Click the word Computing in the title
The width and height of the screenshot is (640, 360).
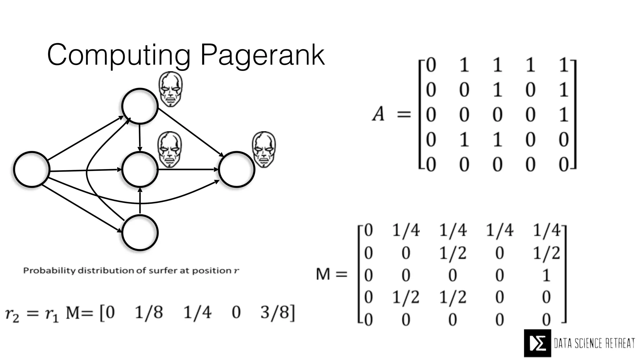pos(119,55)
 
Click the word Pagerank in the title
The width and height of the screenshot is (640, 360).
pos(262,55)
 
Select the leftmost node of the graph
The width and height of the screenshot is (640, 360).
pos(32,169)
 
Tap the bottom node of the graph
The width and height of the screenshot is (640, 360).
pos(140,232)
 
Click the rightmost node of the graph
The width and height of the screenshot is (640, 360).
pos(237,169)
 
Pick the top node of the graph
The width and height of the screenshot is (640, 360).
pos(139,106)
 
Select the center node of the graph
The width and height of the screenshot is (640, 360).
pos(140,169)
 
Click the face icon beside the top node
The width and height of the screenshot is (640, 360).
pos(170,89)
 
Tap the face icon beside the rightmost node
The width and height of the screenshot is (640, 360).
pos(264,149)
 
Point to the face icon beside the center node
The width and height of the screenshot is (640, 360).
pos(170,149)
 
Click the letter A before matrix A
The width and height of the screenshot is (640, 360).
pos(378,114)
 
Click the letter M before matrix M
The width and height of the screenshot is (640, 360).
pos(323,274)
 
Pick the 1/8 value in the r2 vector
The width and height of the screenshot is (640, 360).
pos(149,312)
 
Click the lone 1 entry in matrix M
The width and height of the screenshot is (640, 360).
pos(546,275)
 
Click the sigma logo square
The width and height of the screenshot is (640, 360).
pos(537,343)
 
